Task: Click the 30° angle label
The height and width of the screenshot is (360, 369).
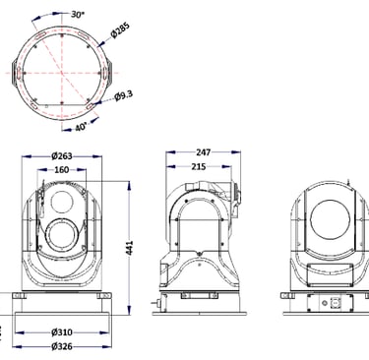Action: pyautogui.click(x=78, y=15)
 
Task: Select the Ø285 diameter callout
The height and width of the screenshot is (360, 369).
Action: pyautogui.click(x=121, y=30)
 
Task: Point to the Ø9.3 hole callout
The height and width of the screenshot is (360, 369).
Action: pyautogui.click(x=124, y=96)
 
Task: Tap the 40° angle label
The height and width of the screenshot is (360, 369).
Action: pyautogui.click(x=81, y=127)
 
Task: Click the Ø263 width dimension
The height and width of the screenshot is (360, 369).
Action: pyautogui.click(x=62, y=156)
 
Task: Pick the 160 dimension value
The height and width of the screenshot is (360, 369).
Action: pyautogui.click(x=62, y=170)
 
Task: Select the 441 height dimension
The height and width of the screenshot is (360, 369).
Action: pyautogui.click(x=130, y=248)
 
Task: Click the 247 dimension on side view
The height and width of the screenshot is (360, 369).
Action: pyautogui.click(x=204, y=152)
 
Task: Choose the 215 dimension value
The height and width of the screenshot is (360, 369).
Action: pyautogui.click(x=199, y=166)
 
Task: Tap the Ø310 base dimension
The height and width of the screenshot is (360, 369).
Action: pyautogui.click(x=62, y=332)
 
